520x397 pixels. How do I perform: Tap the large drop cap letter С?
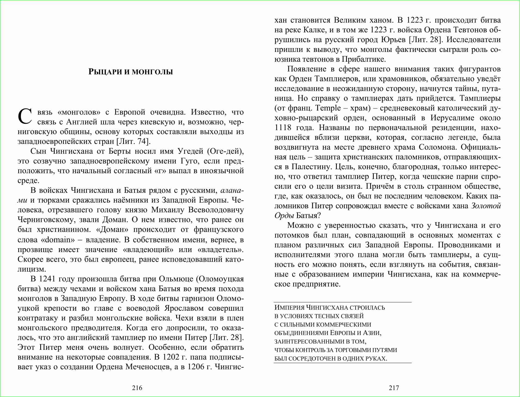[25, 116]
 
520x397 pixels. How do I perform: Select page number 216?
[137, 388]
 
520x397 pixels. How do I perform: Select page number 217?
[394, 388]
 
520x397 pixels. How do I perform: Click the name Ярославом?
[184, 308]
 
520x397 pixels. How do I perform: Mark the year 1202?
[171, 357]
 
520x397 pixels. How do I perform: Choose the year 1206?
[196, 367]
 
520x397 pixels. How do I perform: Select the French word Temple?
[328, 108]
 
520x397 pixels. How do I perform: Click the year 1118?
[283, 128]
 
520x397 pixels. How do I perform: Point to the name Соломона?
[438, 147]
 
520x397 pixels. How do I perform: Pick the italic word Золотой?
[486, 206]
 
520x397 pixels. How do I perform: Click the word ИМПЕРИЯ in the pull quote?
[289, 308]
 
